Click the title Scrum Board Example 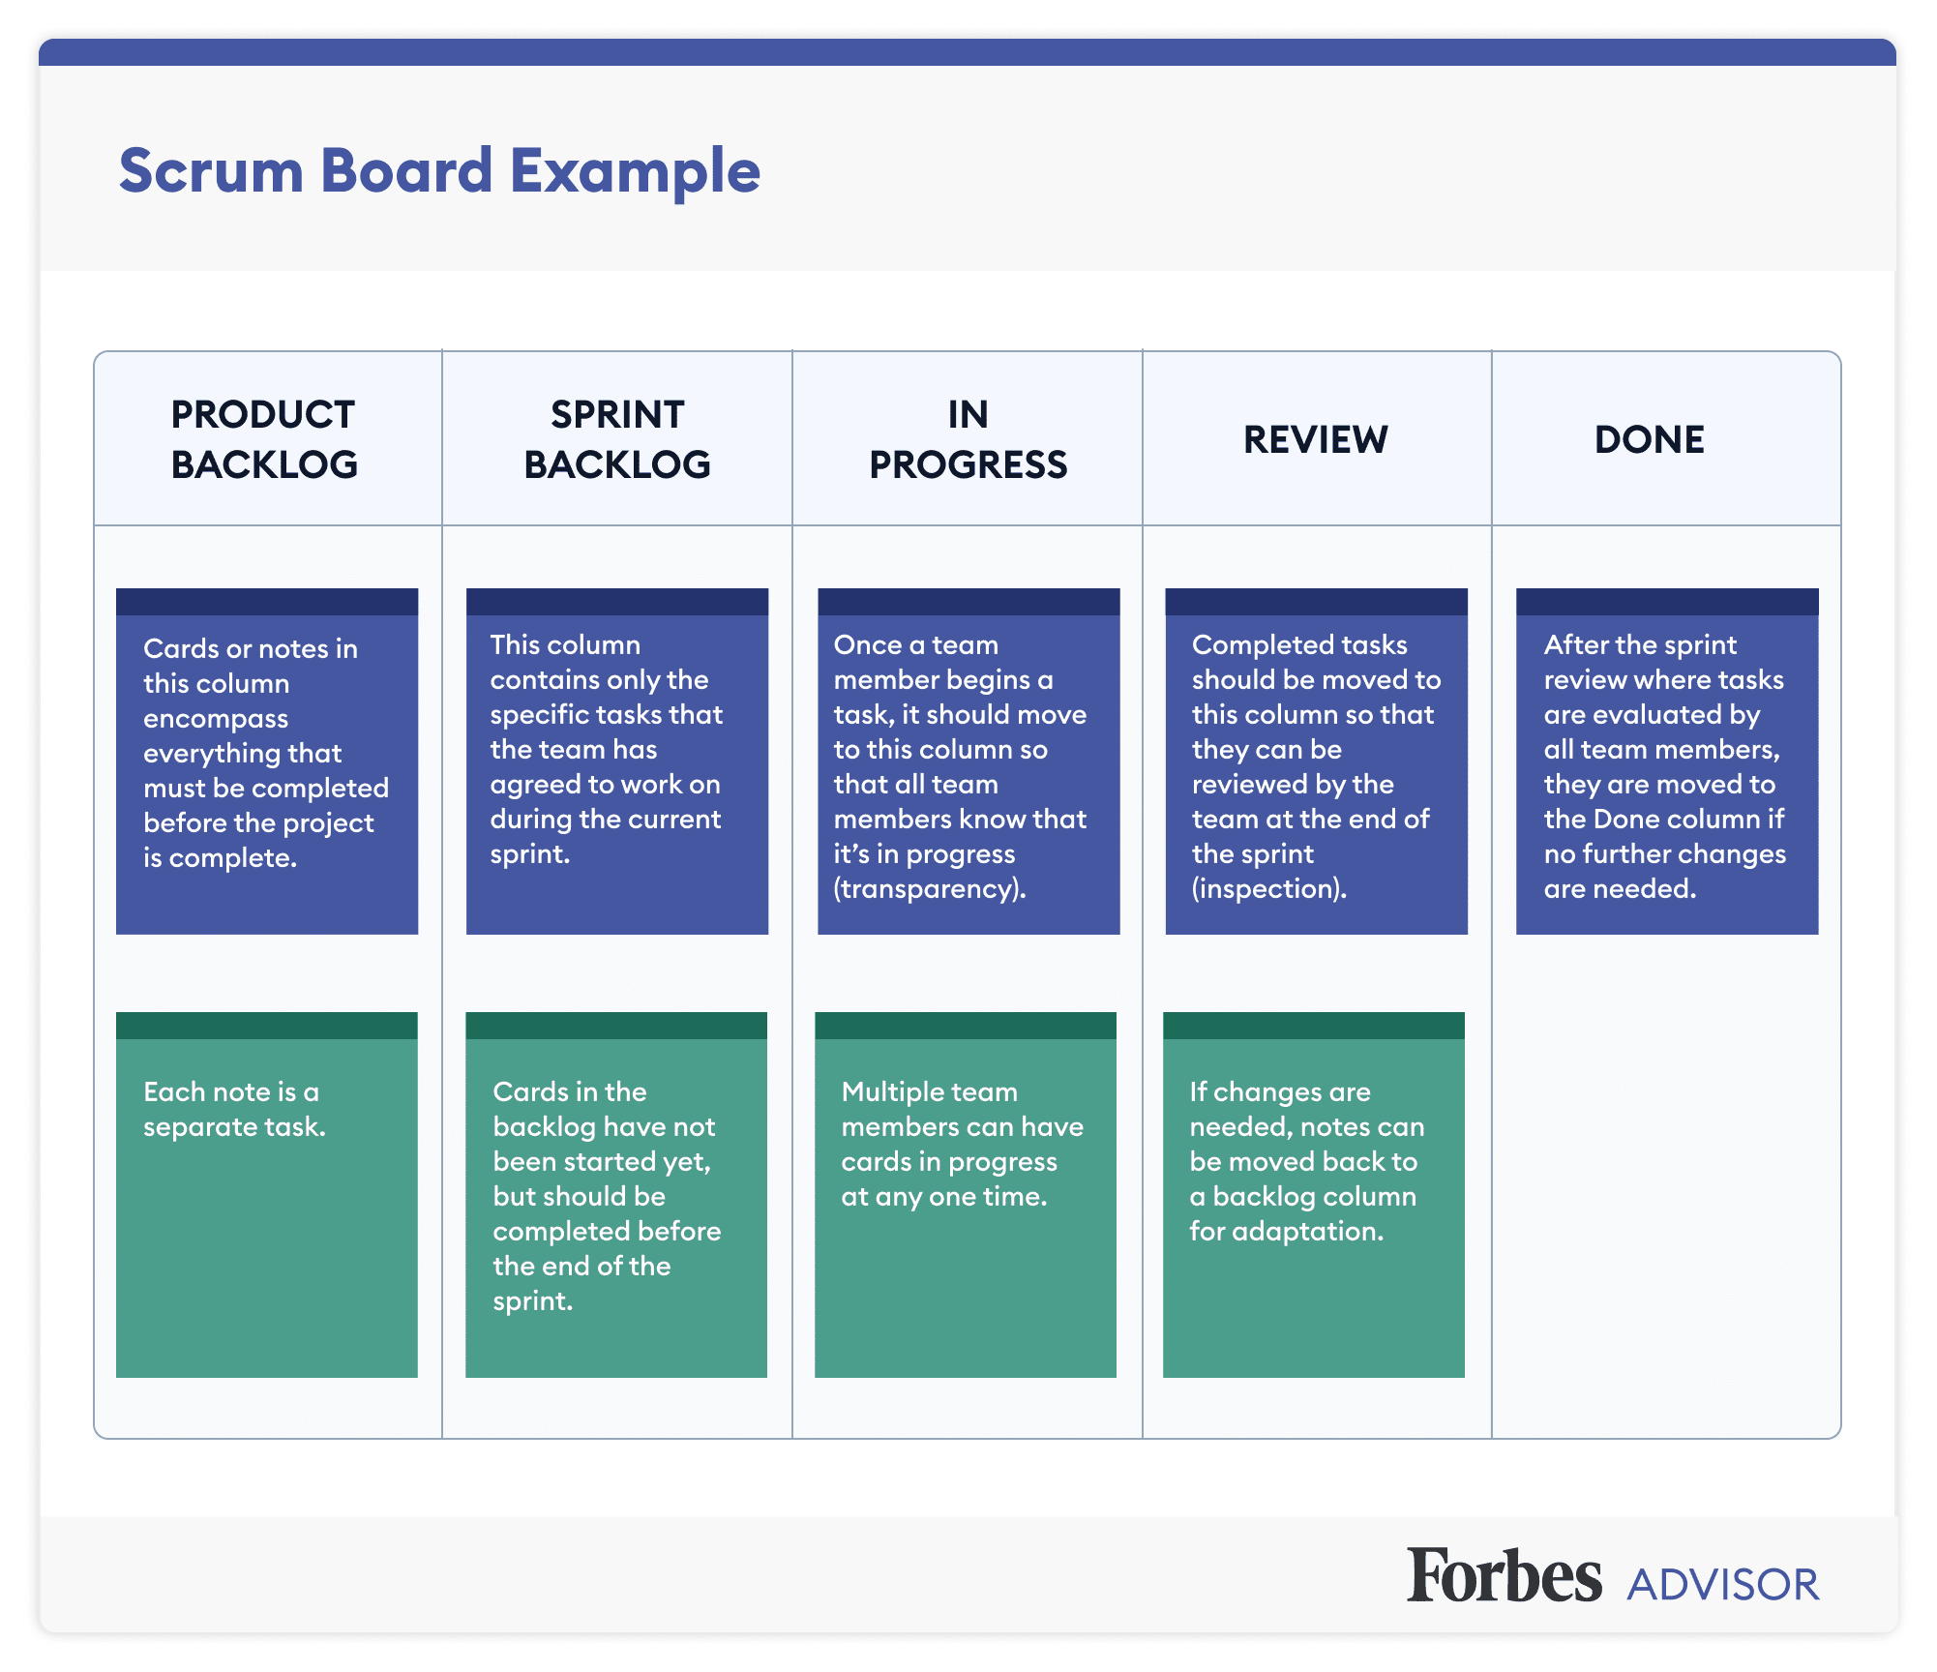(439, 171)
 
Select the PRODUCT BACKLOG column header (263, 439)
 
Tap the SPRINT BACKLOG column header (617, 439)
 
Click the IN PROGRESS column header (968, 439)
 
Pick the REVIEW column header (1315, 439)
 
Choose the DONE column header (1649, 439)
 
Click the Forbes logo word (1504, 1576)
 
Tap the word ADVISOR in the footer (1722, 1585)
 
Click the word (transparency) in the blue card (929, 888)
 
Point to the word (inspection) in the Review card (1268, 888)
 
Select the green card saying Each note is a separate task (266, 1195)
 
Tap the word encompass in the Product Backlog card (216, 718)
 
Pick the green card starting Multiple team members (965, 1195)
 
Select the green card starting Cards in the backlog (615, 1195)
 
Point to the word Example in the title (635, 171)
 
